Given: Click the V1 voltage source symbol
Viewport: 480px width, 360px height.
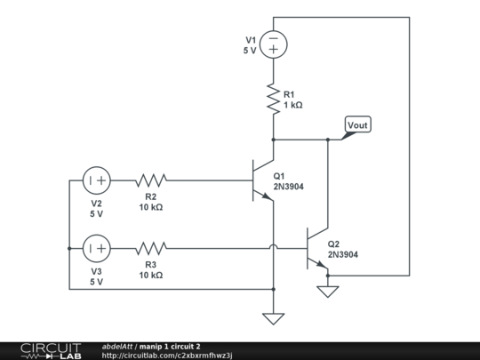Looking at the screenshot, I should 273,44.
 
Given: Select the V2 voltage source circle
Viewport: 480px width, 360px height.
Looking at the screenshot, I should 96,180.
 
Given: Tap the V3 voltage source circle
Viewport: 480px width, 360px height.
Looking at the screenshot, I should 96,248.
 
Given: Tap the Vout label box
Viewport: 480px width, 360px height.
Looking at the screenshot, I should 356,125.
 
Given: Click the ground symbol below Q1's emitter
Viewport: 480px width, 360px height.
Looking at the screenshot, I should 273,317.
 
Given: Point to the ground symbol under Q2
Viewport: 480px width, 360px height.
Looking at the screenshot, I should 328,290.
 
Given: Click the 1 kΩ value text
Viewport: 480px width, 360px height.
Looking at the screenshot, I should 293,105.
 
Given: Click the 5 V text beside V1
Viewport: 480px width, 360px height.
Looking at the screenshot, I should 250,51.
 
